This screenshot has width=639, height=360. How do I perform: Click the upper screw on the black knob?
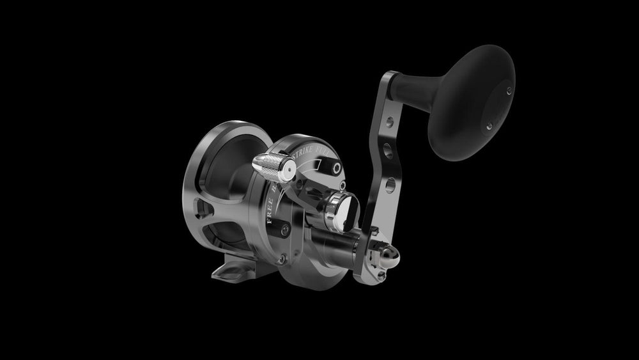pyautogui.click(x=509, y=90)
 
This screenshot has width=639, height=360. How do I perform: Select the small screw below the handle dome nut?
pyautogui.click(x=382, y=276)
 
